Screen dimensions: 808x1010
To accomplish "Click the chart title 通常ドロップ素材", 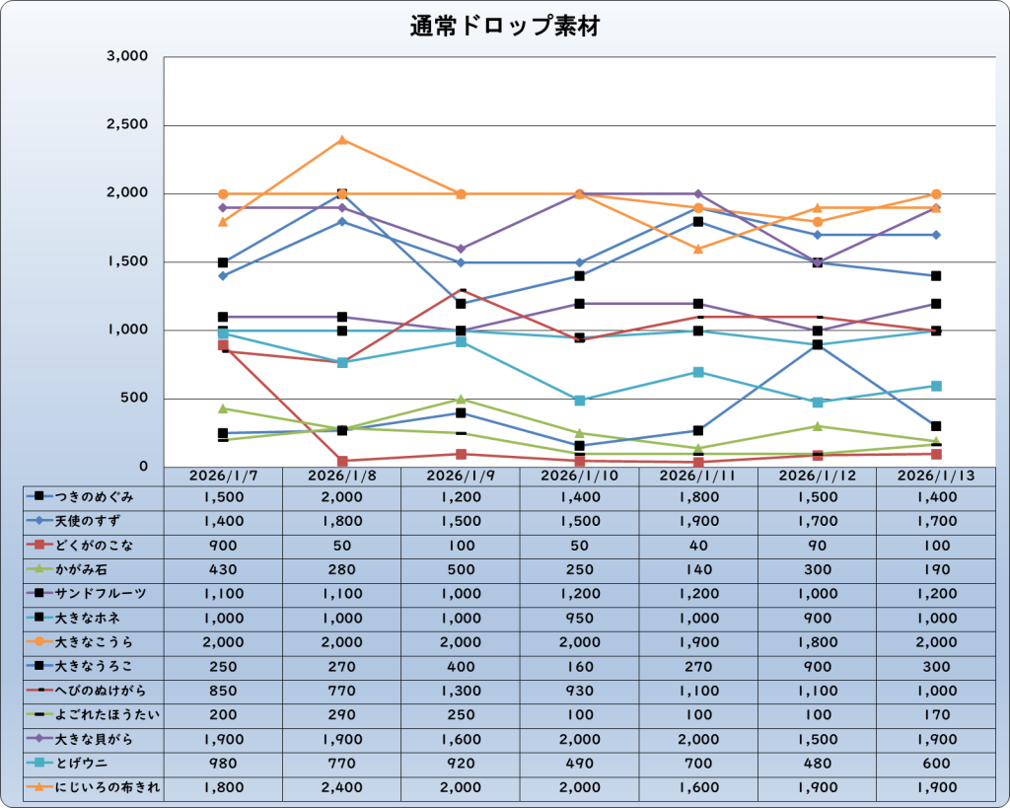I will (504, 27).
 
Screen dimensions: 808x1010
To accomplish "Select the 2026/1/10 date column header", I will (579, 476).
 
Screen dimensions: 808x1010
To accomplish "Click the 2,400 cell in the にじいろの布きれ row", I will (341, 787).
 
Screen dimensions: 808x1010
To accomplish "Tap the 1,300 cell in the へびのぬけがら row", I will (460, 691).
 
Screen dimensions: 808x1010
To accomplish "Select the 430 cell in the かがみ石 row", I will (223, 569).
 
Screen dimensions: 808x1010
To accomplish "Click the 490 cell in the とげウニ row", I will (579, 763).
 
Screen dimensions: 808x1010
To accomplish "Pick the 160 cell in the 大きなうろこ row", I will (579, 666).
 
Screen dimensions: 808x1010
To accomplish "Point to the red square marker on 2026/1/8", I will (342, 461).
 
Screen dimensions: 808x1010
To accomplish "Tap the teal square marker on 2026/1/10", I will (580, 401).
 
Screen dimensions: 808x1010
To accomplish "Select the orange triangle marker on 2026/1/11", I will (698, 249).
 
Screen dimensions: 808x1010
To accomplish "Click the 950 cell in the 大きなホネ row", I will (579, 618).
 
